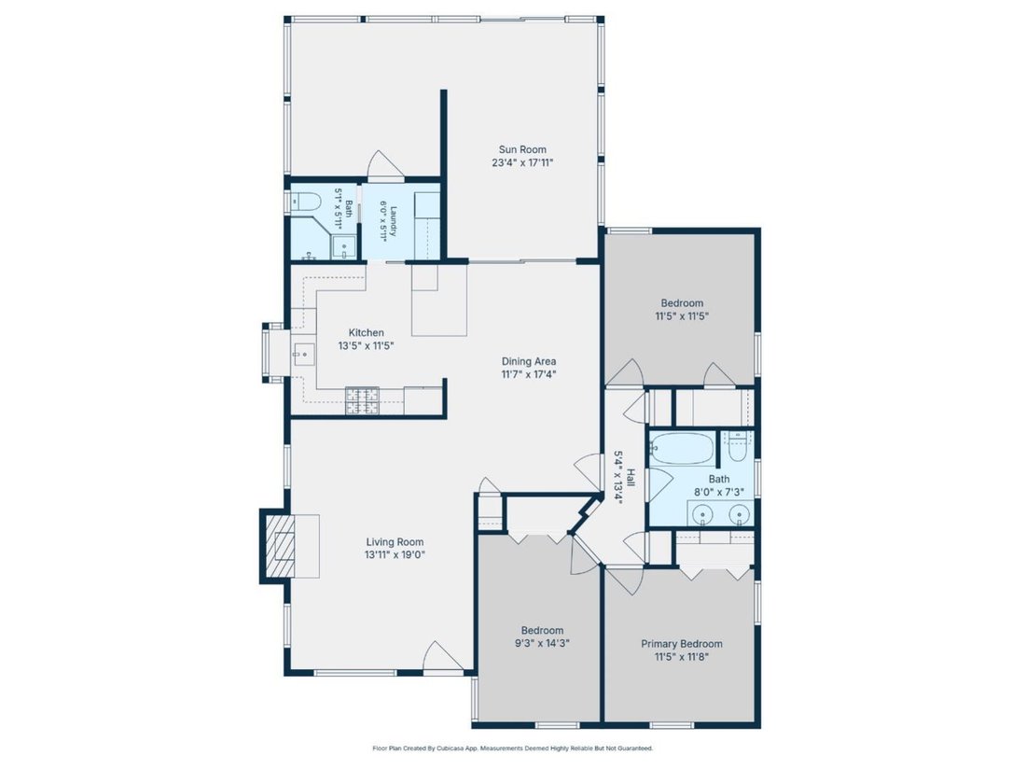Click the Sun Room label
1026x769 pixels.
(522, 149)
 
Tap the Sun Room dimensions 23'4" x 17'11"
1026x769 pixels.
(522, 162)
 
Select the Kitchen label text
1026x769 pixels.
(366, 332)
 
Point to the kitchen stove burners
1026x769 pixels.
(363, 400)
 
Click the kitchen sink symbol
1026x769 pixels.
(304, 354)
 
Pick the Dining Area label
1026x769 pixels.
(529, 361)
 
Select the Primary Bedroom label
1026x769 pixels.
(682, 644)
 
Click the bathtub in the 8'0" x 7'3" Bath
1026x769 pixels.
(682, 448)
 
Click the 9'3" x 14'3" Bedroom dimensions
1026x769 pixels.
(542, 643)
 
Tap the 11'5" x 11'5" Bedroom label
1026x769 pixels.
(682, 303)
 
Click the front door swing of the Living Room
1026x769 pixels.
(443, 656)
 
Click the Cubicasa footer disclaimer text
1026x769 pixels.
(512, 748)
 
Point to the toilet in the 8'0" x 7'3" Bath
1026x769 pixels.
(738, 446)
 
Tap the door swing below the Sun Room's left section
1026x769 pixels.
(384, 165)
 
